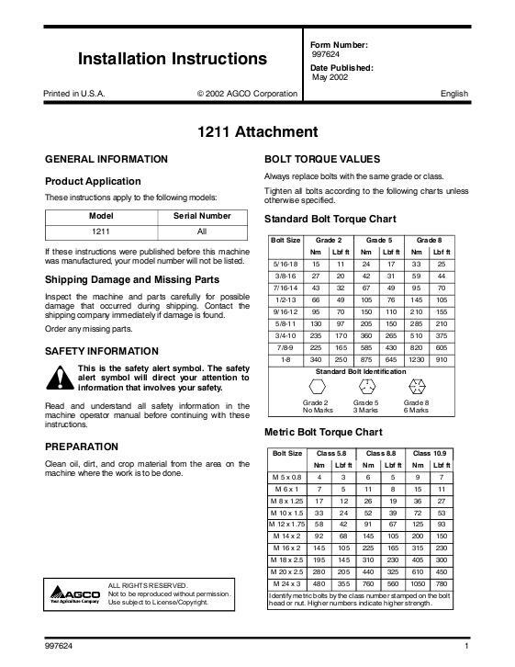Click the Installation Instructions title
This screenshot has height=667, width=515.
pyautogui.click(x=173, y=60)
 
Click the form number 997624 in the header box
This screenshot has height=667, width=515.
pyautogui.click(x=327, y=54)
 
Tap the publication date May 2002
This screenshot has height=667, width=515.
pyautogui.click(x=330, y=77)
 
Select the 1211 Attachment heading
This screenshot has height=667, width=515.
pyautogui.click(x=257, y=132)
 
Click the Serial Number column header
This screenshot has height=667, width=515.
pyautogui.click(x=202, y=217)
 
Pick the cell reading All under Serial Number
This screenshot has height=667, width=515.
pyautogui.click(x=202, y=232)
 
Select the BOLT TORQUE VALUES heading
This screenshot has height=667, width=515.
pyautogui.click(x=316, y=159)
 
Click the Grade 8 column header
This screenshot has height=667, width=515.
pyautogui.click(x=429, y=240)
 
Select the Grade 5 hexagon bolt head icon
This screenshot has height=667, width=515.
pyautogui.click(x=365, y=385)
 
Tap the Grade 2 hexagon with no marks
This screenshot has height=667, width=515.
pyautogui.click(x=315, y=385)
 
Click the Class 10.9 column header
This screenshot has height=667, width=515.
pyautogui.click(x=430, y=454)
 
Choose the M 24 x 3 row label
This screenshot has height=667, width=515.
pyautogui.click(x=287, y=584)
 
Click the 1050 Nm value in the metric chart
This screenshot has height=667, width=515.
pyautogui.click(x=419, y=584)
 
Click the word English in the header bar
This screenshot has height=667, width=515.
pyautogui.click(x=454, y=94)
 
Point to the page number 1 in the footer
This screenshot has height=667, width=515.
pyautogui.click(x=467, y=648)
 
